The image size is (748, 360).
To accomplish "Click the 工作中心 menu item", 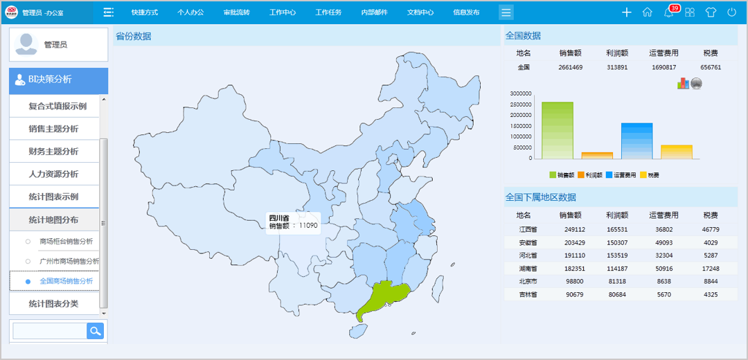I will pyautogui.click(x=283, y=12).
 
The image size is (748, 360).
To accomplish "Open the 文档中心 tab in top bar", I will pyautogui.click(x=420, y=12).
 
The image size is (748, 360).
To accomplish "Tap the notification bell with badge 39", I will pyautogui.click(x=669, y=12).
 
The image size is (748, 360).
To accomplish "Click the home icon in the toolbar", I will pyautogui.click(x=648, y=12).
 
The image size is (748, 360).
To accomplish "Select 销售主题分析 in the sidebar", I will pyautogui.click(x=53, y=129).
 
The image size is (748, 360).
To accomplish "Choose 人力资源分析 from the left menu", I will pyautogui.click(x=53, y=174).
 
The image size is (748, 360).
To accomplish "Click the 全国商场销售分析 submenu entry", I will pyautogui.click(x=66, y=281).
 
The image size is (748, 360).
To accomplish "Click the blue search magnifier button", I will pyautogui.click(x=95, y=331).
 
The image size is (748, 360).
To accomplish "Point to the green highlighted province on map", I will pyautogui.click(x=382, y=298).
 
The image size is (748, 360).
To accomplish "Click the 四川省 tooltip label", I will pyautogui.click(x=279, y=218).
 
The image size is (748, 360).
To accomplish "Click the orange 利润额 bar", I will pyautogui.click(x=597, y=155).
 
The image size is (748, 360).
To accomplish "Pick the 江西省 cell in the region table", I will pyautogui.click(x=528, y=229).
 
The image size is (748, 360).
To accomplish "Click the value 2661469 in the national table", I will pyautogui.click(x=570, y=67).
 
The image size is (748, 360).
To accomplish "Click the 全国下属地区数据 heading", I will pyautogui.click(x=541, y=197).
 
